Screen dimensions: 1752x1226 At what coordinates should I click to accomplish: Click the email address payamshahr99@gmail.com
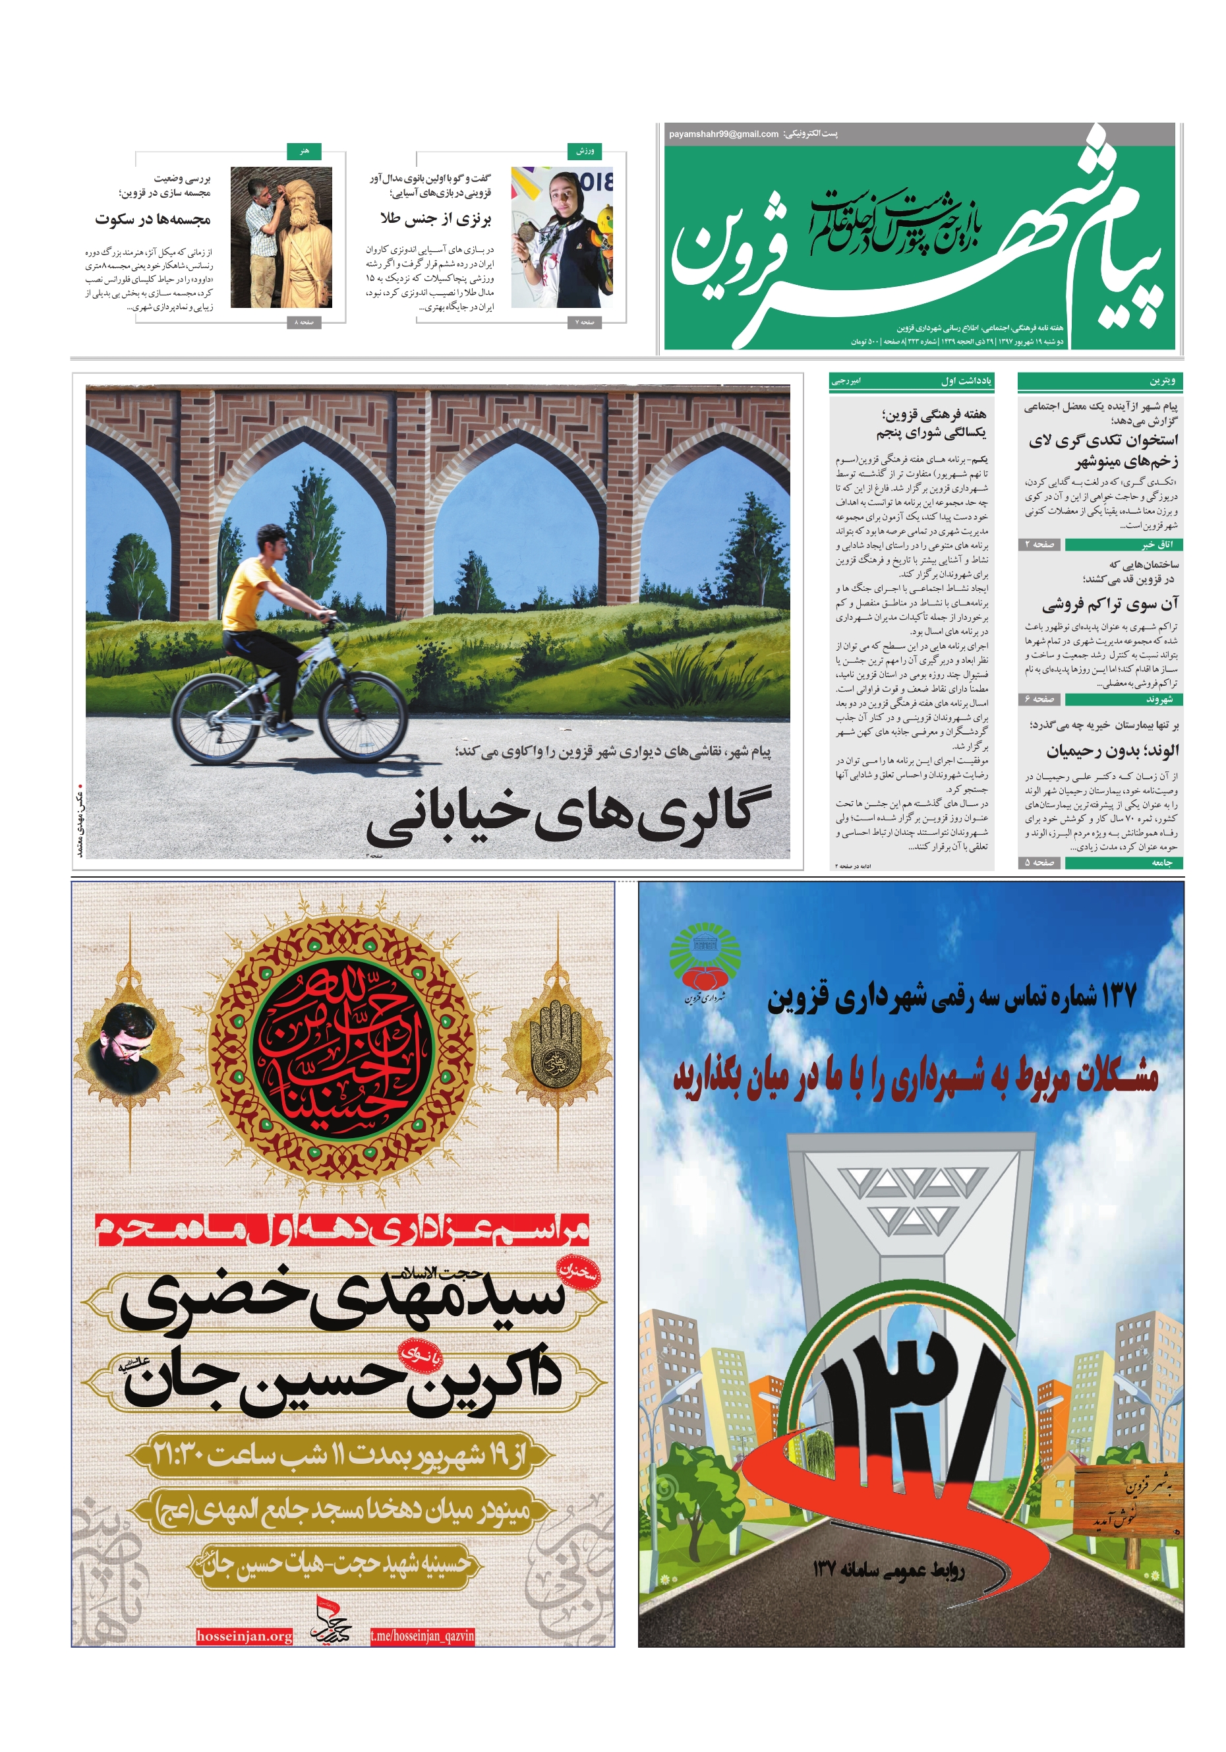(x=722, y=135)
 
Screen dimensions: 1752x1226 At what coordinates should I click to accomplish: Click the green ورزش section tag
(x=585, y=151)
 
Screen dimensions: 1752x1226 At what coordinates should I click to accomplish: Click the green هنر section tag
(x=305, y=151)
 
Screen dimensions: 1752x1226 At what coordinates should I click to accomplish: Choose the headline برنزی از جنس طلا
(x=436, y=220)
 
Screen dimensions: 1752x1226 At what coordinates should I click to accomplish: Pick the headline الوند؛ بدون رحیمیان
(x=1113, y=751)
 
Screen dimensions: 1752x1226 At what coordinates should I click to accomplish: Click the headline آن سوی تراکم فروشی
(x=1110, y=605)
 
